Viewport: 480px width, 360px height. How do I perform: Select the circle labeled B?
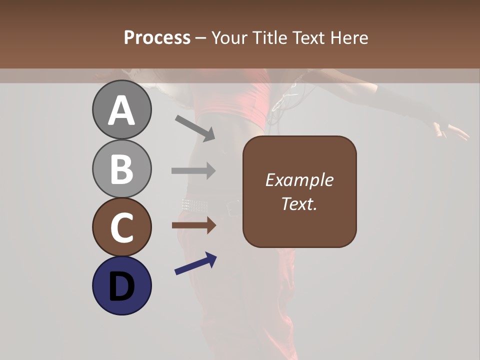121,168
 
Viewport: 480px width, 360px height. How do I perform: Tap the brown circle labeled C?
121,227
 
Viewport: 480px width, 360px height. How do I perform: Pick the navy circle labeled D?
121,285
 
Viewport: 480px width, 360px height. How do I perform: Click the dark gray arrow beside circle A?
195,128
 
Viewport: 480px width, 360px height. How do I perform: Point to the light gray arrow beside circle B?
193,170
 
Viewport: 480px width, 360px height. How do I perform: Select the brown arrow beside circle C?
193,225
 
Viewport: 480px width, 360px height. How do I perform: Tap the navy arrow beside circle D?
195,263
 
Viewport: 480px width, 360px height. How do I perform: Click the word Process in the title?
157,38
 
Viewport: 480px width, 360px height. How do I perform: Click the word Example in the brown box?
299,180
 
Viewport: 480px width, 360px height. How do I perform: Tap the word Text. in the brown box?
299,203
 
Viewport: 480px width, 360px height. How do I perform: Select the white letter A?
121,110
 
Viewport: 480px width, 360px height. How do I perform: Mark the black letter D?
121,286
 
